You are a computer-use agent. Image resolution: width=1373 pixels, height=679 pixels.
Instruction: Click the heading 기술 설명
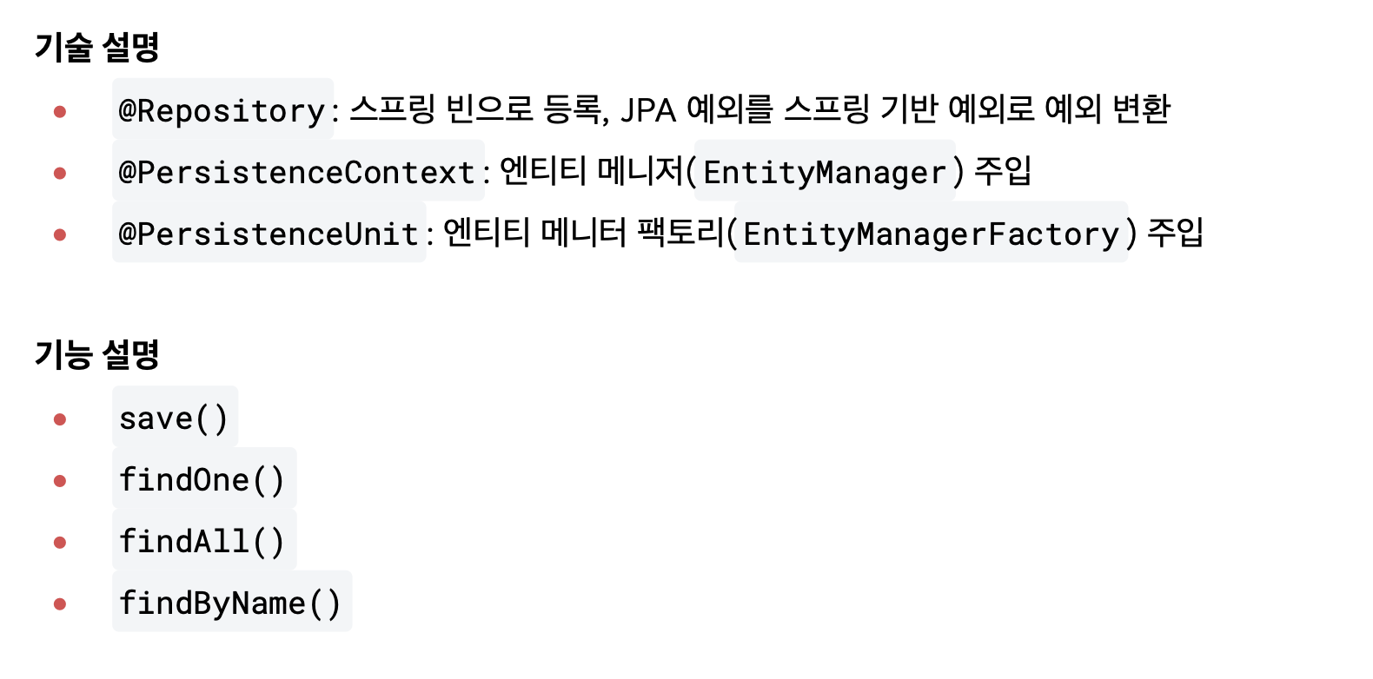pyautogui.click(x=96, y=47)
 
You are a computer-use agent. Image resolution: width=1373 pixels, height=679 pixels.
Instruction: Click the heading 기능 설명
pyautogui.click(x=96, y=354)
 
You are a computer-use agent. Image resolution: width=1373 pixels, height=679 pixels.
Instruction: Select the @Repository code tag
pyautogui.click(x=222, y=110)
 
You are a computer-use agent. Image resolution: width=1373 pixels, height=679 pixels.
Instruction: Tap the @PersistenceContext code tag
pyautogui.click(x=297, y=172)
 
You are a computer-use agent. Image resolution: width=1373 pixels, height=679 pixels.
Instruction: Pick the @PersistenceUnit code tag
pyautogui.click(x=269, y=234)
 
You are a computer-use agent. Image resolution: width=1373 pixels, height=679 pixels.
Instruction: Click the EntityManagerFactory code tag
pyautogui.click(x=931, y=234)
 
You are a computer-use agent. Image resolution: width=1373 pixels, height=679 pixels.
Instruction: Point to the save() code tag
pyautogui.click(x=174, y=419)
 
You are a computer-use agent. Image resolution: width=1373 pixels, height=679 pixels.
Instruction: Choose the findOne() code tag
pyautogui.click(x=202, y=480)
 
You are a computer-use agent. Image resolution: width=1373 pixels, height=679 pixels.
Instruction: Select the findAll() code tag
pyautogui.click(x=202, y=542)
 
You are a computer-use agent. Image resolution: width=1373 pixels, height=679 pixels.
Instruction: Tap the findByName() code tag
pyautogui.click(x=230, y=603)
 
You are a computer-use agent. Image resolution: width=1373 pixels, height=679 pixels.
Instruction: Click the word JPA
pyautogui.click(x=648, y=110)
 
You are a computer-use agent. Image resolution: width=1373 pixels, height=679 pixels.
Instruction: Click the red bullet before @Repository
pyautogui.click(x=60, y=111)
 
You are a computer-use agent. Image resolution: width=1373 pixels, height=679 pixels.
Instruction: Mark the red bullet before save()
pyautogui.click(x=60, y=419)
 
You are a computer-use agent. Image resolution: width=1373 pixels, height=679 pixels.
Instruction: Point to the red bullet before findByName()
pyautogui.click(x=60, y=604)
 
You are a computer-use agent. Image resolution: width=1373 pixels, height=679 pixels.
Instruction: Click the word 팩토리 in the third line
pyautogui.click(x=680, y=232)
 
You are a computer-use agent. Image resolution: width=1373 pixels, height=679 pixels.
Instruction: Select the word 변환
pyautogui.click(x=1141, y=109)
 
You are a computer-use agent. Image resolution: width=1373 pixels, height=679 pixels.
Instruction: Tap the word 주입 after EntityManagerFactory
pyautogui.click(x=1176, y=232)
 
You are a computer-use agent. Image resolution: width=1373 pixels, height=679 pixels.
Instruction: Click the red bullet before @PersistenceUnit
pyautogui.click(x=60, y=234)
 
